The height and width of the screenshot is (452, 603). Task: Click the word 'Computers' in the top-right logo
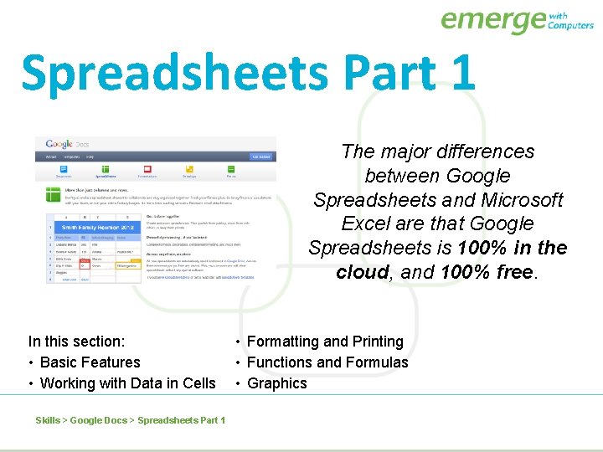click(x=570, y=26)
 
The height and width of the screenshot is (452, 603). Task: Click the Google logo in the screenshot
click(x=59, y=144)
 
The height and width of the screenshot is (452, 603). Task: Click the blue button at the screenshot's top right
click(x=260, y=157)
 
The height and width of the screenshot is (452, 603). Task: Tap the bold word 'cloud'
click(x=363, y=273)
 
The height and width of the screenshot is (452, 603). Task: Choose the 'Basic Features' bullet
click(x=90, y=362)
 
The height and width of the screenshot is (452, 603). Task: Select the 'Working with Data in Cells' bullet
click(x=127, y=383)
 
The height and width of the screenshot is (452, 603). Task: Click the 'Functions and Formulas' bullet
click(x=327, y=362)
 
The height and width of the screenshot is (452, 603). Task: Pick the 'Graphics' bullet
click(x=276, y=383)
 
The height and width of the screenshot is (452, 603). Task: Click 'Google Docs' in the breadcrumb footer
click(x=98, y=420)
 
